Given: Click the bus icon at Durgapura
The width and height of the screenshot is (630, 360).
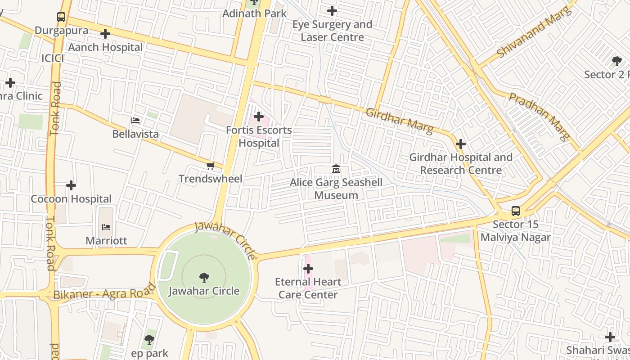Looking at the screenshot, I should pyautogui.click(x=61, y=18).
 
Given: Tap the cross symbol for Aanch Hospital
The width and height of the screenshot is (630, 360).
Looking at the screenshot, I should pyautogui.click(x=105, y=34).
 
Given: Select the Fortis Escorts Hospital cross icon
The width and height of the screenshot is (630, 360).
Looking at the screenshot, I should pyautogui.click(x=259, y=117).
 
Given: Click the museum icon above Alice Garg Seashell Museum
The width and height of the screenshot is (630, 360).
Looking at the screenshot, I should pyautogui.click(x=336, y=169).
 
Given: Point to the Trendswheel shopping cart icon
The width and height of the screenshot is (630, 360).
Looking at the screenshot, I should pyautogui.click(x=210, y=166).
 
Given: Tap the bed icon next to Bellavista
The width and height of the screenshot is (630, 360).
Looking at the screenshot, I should pyautogui.click(x=135, y=121).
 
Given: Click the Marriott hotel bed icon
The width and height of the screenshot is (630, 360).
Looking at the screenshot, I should pyautogui.click(x=106, y=227).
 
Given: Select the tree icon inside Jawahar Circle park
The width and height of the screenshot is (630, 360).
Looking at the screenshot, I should pyautogui.click(x=204, y=277).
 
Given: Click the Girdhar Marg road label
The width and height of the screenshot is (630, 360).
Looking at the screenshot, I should pyautogui.click(x=400, y=121).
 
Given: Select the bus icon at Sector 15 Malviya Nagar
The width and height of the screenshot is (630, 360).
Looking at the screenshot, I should pyautogui.click(x=516, y=211).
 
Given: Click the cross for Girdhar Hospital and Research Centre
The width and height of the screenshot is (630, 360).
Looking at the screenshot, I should pyautogui.click(x=460, y=144).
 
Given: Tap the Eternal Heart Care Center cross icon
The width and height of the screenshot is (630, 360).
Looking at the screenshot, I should pyautogui.click(x=308, y=269).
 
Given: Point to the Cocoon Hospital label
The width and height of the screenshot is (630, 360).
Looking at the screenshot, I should pyautogui.click(x=71, y=199).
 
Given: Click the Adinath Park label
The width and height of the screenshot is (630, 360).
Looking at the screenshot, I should pyautogui.click(x=255, y=13).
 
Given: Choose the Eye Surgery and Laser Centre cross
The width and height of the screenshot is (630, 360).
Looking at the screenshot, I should pyautogui.click(x=332, y=11).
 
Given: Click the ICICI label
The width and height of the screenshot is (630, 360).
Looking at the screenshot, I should pyautogui.click(x=53, y=58).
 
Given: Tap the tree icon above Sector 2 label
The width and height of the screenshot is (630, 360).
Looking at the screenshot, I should pyautogui.click(x=616, y=61).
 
